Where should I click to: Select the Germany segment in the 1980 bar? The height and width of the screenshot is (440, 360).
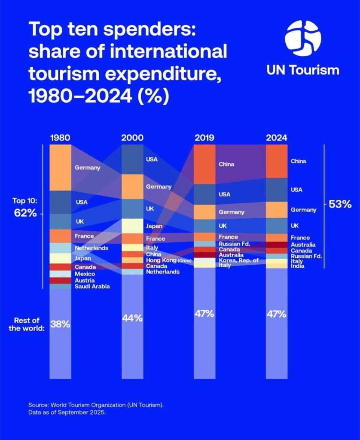pos(61,168)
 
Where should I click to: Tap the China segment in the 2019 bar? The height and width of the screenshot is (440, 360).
pos(204,165)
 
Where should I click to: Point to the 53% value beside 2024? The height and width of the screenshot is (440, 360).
pos(340,204)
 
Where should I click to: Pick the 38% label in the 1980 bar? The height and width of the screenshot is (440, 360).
pos(61,324)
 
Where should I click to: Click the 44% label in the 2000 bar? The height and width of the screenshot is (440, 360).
pos(132,318)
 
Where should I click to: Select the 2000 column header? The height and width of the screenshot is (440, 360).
pos(132,138)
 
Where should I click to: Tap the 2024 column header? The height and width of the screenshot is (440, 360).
pos(277,138)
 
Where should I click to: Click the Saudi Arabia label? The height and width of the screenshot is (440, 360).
pos(92,287)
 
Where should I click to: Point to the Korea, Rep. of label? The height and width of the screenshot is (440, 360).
pos(238,260)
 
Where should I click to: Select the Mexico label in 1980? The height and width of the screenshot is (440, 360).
pos(85,274)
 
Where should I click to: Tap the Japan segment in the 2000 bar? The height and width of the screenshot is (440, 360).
pos(132,226)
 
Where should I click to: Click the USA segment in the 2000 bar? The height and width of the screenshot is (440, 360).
pos(132,159)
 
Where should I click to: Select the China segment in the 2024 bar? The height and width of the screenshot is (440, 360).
pos(277,162)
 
